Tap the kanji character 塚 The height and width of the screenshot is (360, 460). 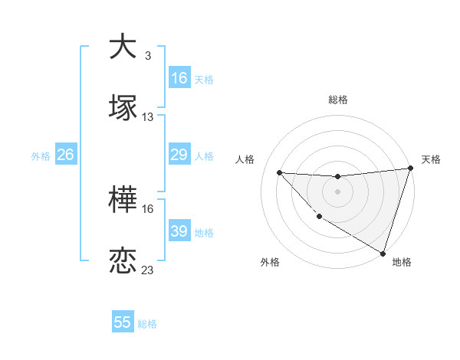pyautogui.click(x=123, y=107)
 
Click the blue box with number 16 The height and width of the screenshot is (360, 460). pyautogui.click(x=179, y=78)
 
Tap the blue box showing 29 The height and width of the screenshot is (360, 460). pyautogui.click(x=179, y=155)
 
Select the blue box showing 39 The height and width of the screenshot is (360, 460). pyautogui.click(x=179, y=231)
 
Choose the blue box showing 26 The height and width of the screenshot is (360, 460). pyautogui.click(x=66, y=155)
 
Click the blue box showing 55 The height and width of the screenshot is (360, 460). pyautogui.click(x=123, y=322)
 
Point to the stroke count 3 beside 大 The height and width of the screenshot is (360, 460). pyautogui.click(x=147, y=56)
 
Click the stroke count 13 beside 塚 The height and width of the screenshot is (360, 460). pyautogui.click(x=148, y=117)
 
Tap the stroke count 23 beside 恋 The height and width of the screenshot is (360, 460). pyautogui.click(x=148, y=270)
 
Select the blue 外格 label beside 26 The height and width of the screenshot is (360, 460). pyautogui.click(x=41, y=156)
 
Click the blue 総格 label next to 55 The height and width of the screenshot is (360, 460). pyautogui.click(x=147, y=324)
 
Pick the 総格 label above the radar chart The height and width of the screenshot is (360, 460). pyautogui.click(x=338, y=100)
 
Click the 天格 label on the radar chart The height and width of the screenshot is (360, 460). pyautogui.click(x=431, y=159)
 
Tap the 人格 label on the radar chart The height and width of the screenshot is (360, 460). pyautogui.click(x=245, y=159)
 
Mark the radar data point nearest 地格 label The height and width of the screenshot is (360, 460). pyautogui.click(x=383, y=252)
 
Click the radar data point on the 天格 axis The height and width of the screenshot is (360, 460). pyautogui.click(x=410, y=169)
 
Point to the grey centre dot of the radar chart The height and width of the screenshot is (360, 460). pyautogui.click(x=337, y=191)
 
